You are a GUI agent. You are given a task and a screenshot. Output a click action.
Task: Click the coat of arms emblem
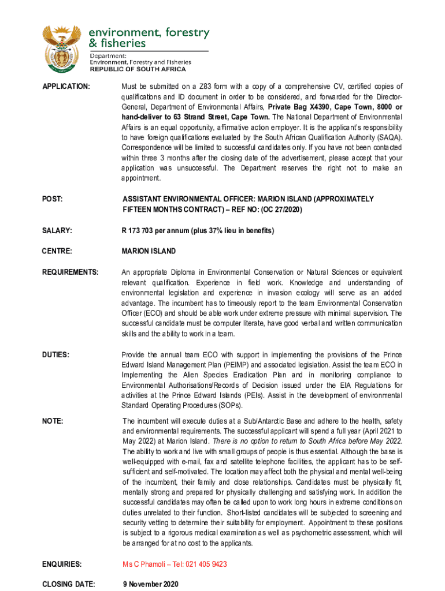tap(62, 49)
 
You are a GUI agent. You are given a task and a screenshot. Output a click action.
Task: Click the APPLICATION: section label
tap(66, 87)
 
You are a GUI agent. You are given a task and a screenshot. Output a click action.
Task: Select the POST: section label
tap(54, 199)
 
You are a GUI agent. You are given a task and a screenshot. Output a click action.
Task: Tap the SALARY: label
tap(57, 231)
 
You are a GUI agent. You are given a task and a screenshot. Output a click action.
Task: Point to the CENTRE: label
tap(57, 251)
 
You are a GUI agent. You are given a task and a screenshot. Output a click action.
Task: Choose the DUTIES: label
tap(56, 354)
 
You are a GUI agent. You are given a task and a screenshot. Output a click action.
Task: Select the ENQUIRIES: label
tap(62, 564)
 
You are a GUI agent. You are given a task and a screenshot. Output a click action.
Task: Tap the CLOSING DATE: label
tap(68, 584)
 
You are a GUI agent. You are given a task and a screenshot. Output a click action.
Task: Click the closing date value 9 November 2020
tap(151, 584)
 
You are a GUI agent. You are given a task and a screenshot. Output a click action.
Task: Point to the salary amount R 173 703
tap(141, 231)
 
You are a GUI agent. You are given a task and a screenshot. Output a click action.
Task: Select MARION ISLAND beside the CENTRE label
tap(149, 251)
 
